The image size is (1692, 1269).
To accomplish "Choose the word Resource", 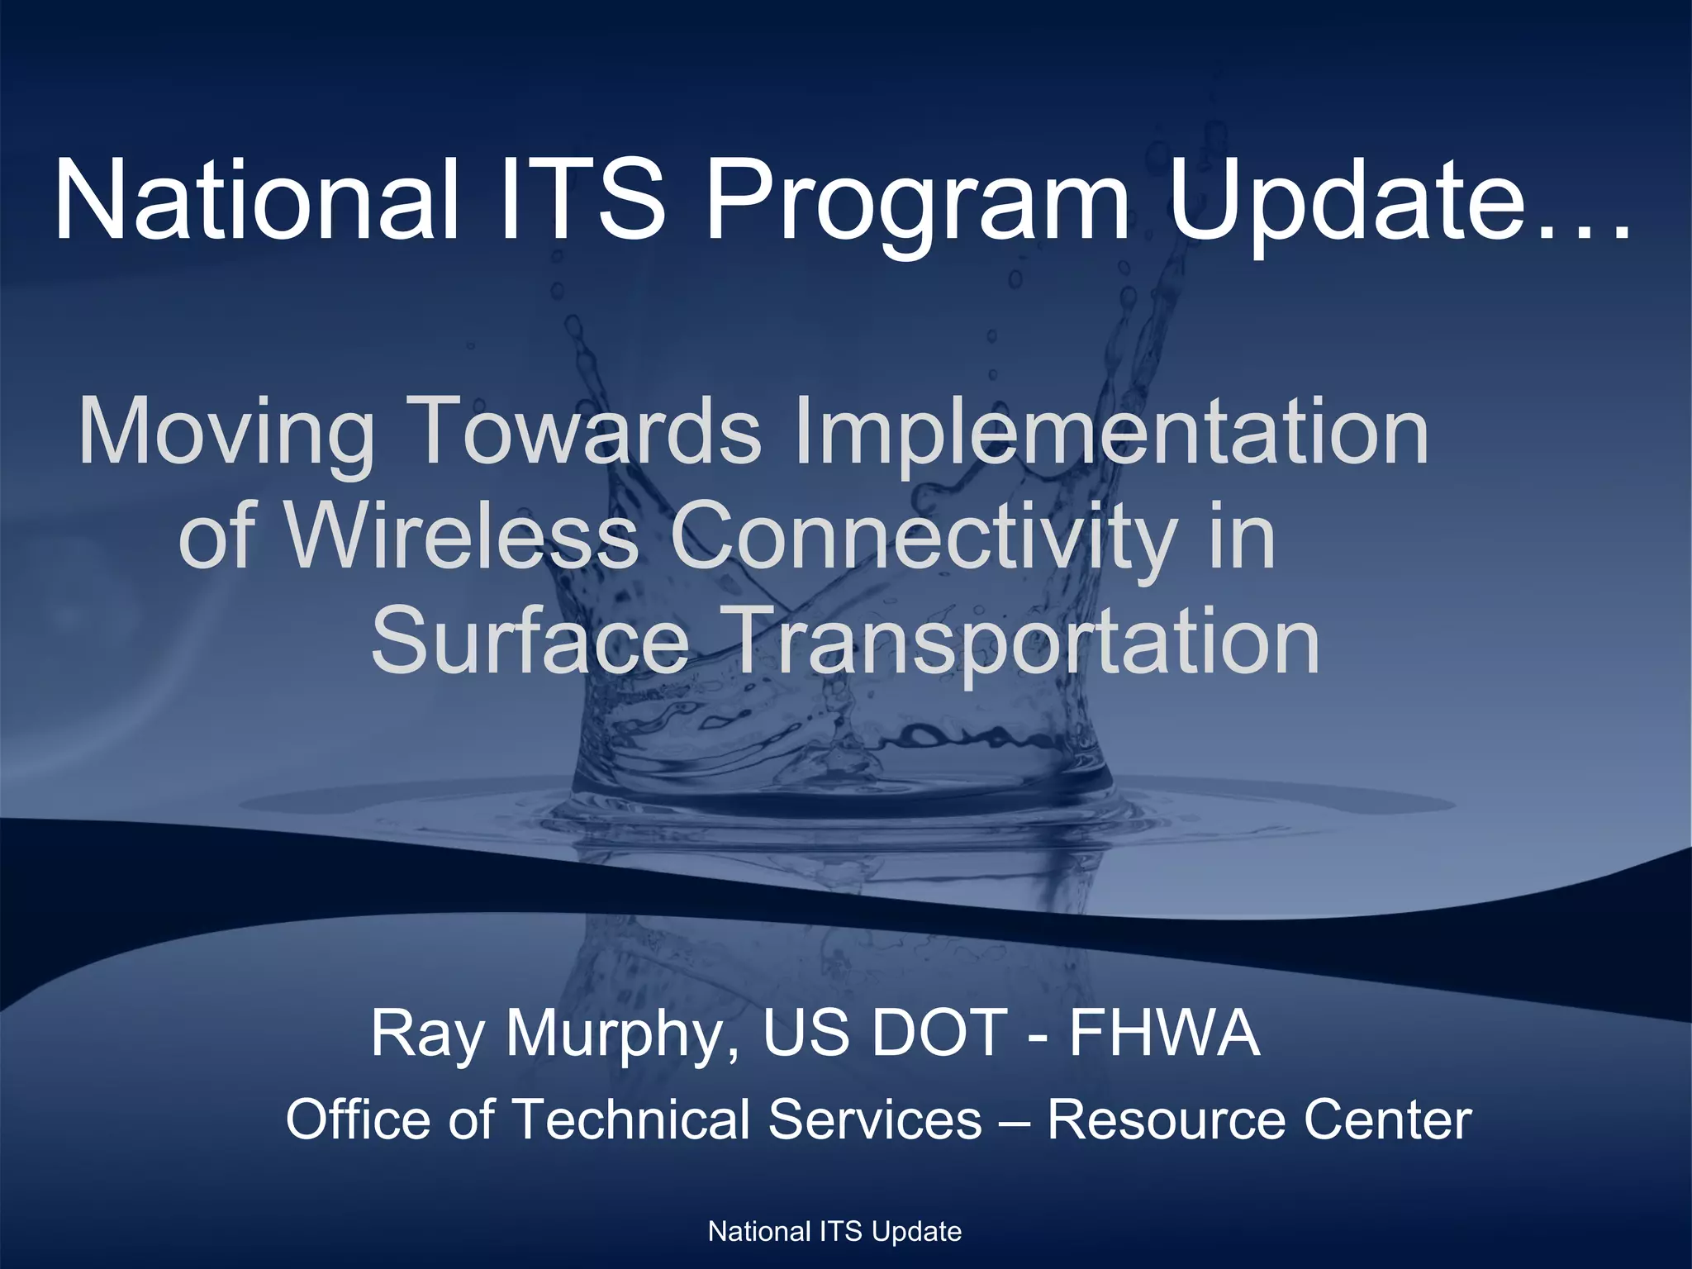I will pyautogui.click(x=1165, y=1119).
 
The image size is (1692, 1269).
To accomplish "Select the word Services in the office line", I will pyautogui.click(x=875, y=1119).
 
